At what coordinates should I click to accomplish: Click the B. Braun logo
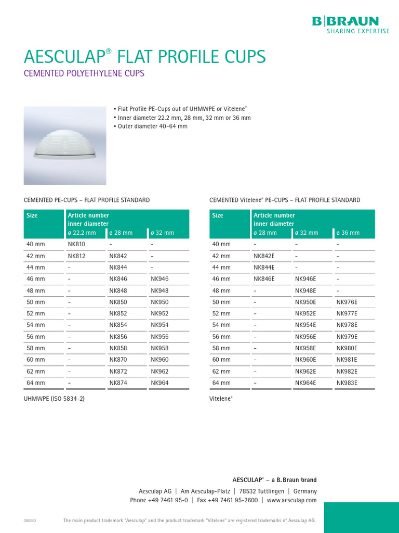(345, 21)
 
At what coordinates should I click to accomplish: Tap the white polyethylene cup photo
(65, 145)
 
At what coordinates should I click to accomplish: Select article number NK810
(76, 244)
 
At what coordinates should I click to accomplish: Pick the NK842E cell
(264, 256)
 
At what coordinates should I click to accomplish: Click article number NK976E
(347, 302)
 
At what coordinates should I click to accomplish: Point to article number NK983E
(347, 383)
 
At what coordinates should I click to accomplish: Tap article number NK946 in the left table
(159, 279)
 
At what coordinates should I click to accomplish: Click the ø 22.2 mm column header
(82, 233)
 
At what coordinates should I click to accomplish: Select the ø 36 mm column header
(348, 233)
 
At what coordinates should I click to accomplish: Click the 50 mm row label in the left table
(36, 302)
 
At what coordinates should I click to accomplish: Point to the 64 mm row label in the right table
(221, 383)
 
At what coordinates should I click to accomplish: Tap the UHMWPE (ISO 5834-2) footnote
(54, 399)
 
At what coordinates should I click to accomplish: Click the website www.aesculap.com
(291, 500)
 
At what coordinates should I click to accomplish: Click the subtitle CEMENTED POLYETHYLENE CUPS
(84, 73)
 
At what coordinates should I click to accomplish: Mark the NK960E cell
(305, 360)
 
